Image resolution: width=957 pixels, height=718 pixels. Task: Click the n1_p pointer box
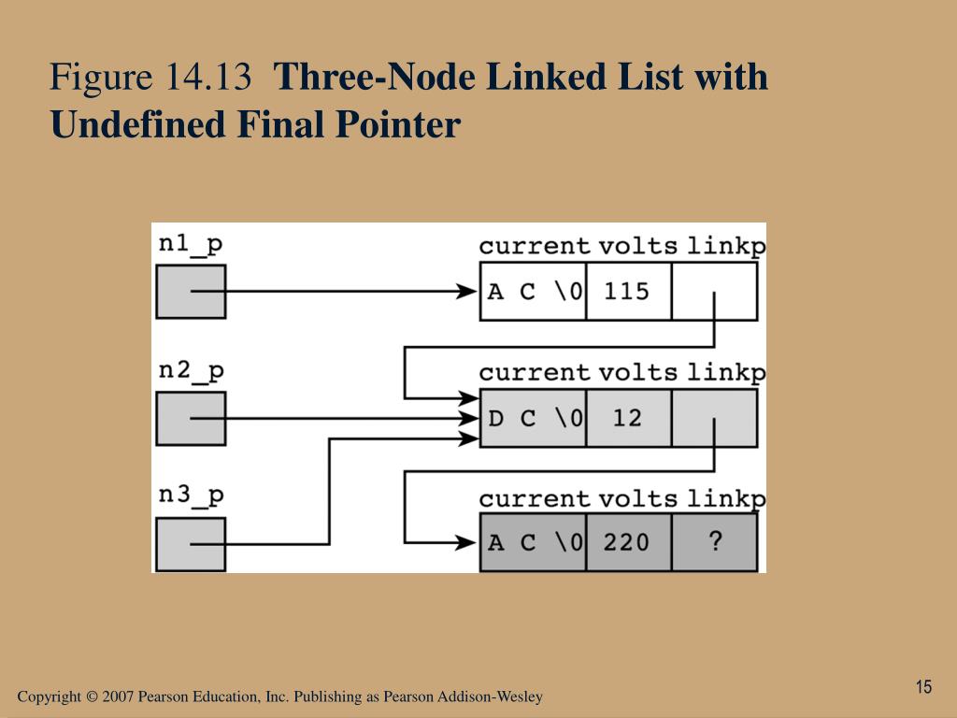pyautogui.click(x=190, y=292)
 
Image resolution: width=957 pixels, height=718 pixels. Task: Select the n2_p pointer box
pyautogui.click(x=190, y=418)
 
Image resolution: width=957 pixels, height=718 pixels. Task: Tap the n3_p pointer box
pyautogui.click(x=190, y=544)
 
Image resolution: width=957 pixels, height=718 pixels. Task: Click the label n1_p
pyautogui.click(x=191, y=244)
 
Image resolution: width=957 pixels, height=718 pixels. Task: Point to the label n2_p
pyautogui.click(x=191, y=370)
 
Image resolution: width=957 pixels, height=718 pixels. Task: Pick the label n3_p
pyautogui.click(x=191, y=496)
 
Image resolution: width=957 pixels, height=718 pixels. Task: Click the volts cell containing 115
pyautogui.click(x=627, y=292)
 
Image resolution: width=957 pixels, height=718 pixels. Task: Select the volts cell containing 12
pyautogui.click(x=627, y=418)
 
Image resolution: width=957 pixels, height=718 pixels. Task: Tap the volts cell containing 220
pyautogui.click(x=627, y=542)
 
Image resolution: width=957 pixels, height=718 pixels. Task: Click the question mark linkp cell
pyautogui.click(x=715, y=542)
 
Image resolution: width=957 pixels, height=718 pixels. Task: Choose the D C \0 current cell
pyautogui.click(x=534, y=418)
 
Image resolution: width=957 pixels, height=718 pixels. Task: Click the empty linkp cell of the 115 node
pyautogui.click(x=715, y=292)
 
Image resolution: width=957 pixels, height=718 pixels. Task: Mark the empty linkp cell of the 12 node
pyautogui.click(x=715, y=418)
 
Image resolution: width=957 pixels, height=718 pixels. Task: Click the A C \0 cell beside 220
pyautogui.click(x=534, y=542)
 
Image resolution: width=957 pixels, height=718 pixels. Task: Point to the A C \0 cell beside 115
pyautogui.click(x=534, y=292)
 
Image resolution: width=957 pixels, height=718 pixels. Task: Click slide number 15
pyautogui.click(x=923, y=687)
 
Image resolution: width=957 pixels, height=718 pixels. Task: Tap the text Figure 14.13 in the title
pyautogui.click(x=151, y=78)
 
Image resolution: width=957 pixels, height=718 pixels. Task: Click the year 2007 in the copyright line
pyautogui.click(x=119, y=697)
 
